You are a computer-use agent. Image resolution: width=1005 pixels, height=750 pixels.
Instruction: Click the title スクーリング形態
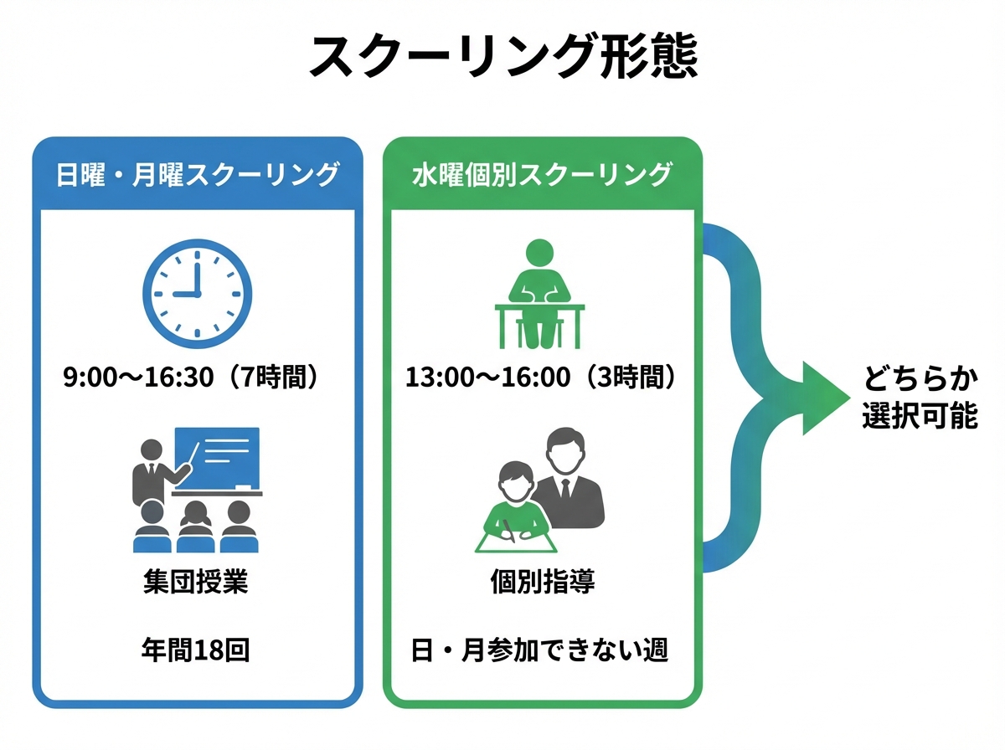click(502, 57)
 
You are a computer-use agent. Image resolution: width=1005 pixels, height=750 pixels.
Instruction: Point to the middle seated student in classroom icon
click(195, 527)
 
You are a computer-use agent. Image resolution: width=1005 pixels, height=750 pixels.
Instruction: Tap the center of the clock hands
click(197, 295)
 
